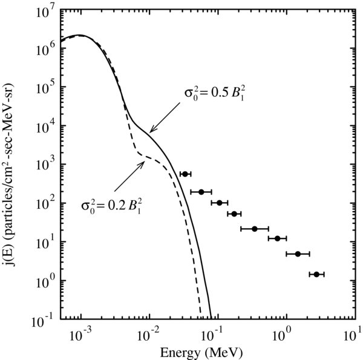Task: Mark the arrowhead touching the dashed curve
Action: click(x=143, y=160)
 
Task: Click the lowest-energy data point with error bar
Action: click(x=185, y=174)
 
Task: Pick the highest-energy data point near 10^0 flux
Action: click(x=316, y=274)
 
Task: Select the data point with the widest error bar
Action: click(x=255, y=229)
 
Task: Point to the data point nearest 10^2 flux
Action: click(x=220, y=203)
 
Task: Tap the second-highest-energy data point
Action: click(x=298, y=254)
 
